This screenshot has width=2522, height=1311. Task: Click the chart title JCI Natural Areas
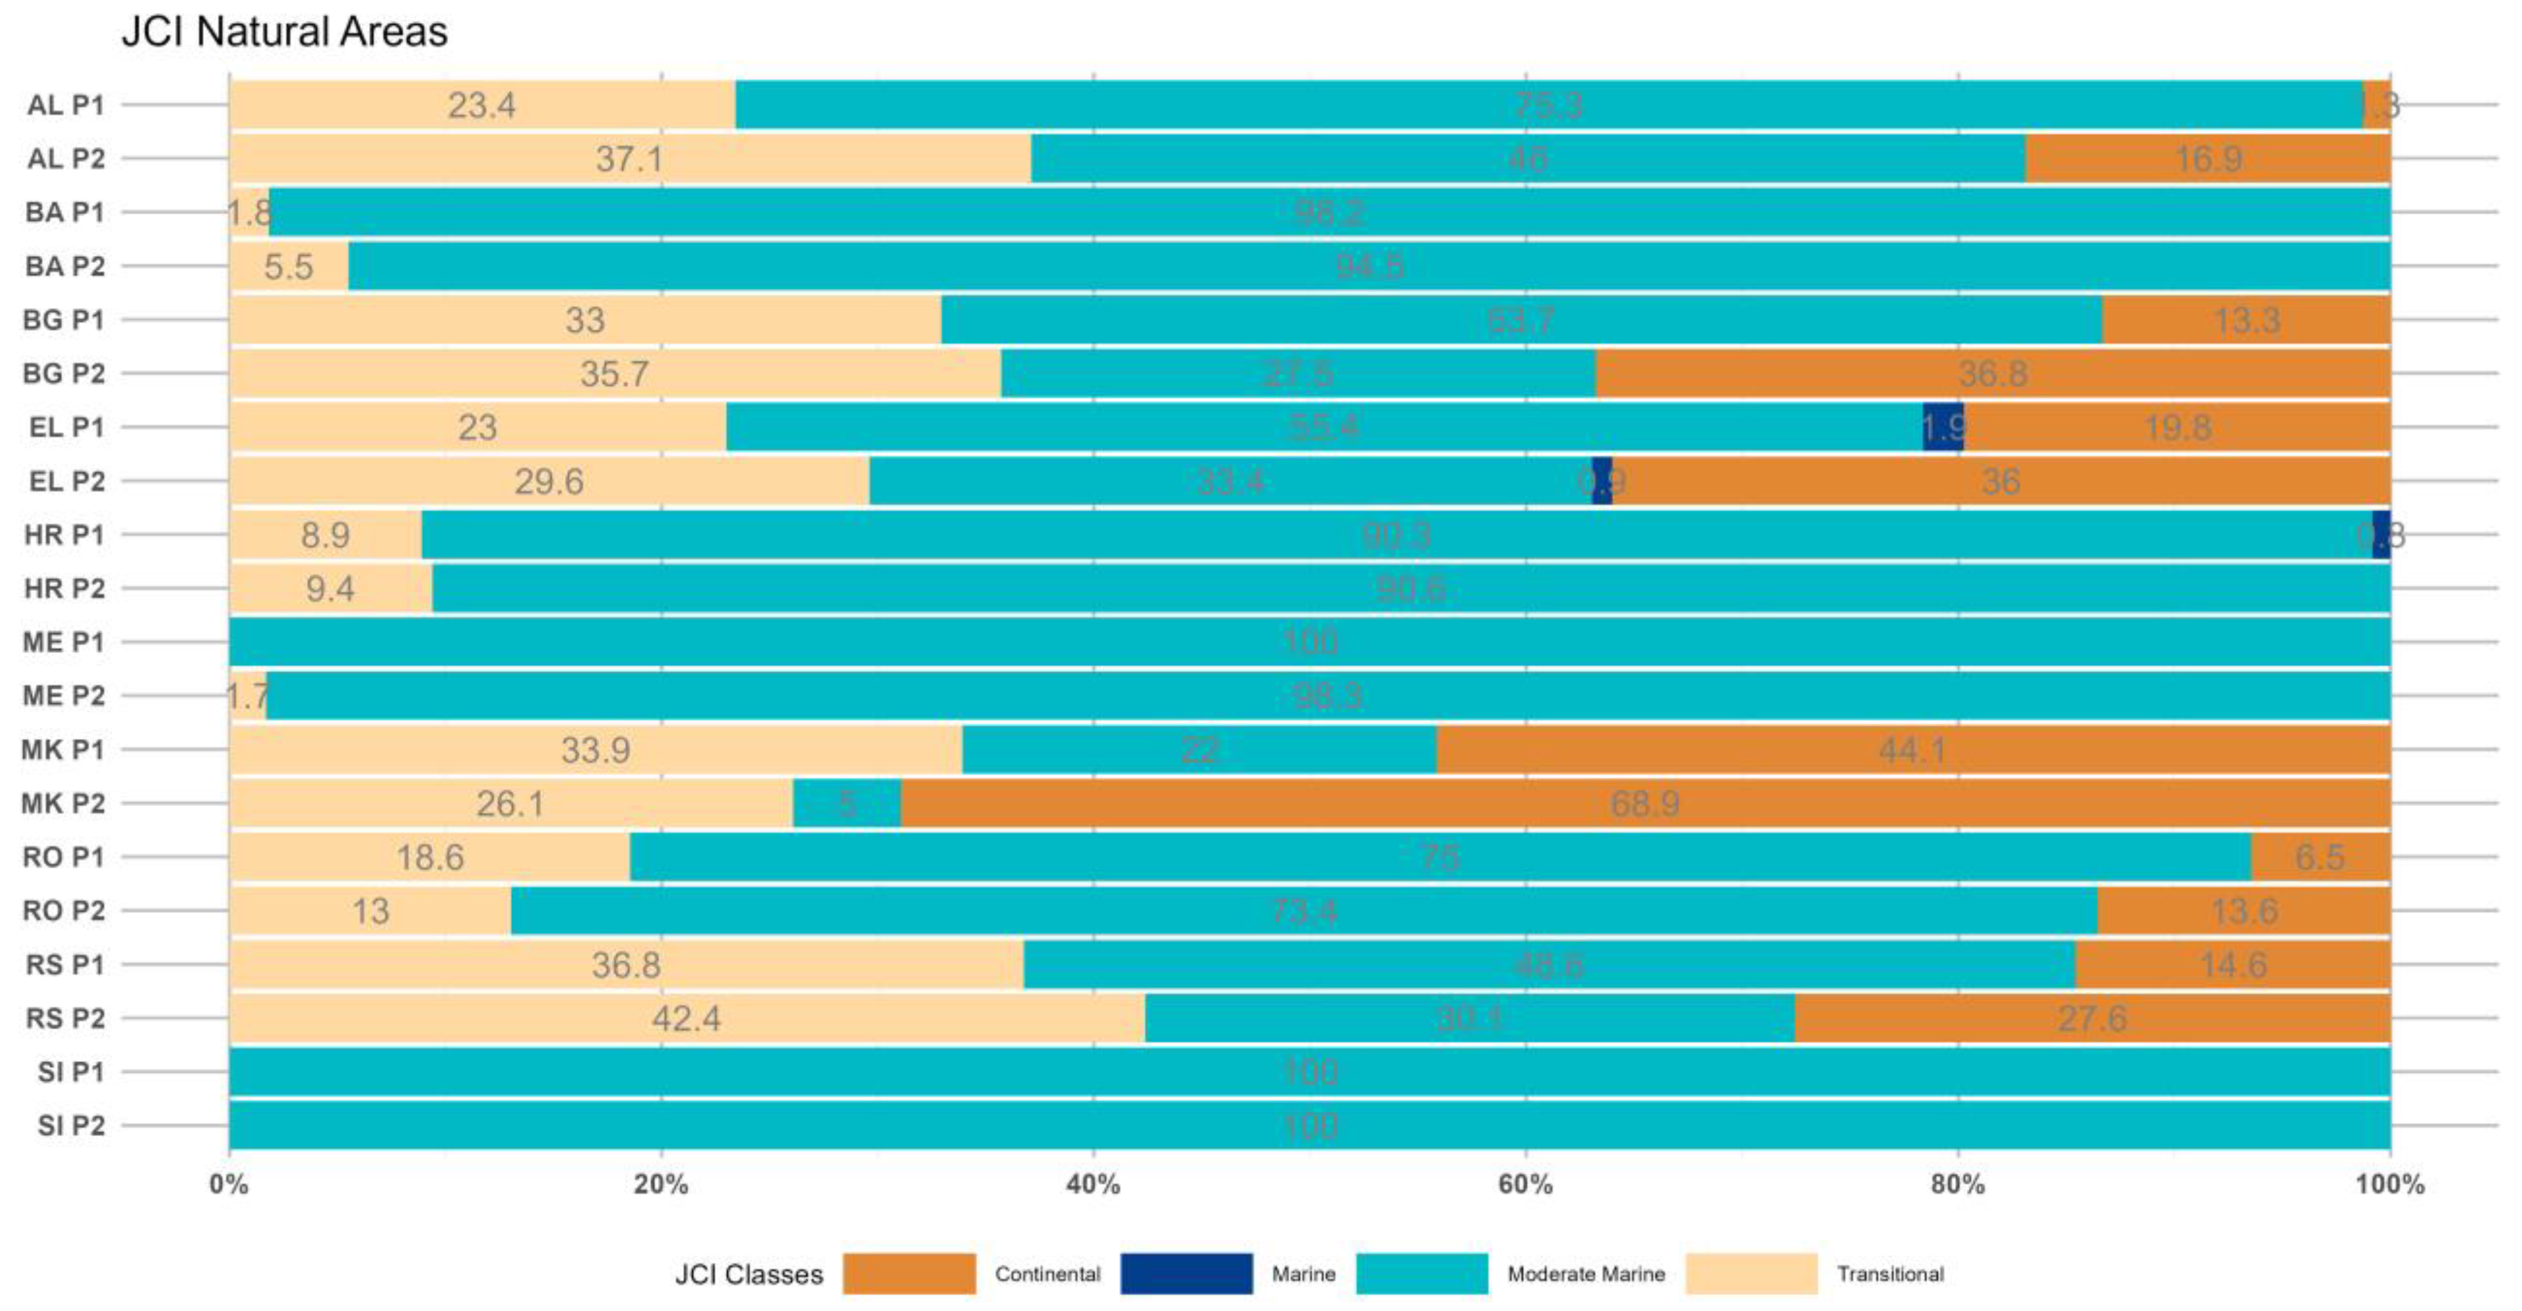pyautogui.click(x=284, y=32)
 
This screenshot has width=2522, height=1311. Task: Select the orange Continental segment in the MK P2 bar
pyautogui.click(x=1645, y=804)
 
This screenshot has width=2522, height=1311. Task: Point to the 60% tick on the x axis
pyautogui.click(x=1525, y=1184)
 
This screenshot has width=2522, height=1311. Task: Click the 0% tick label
pyautogui.click(x=229, y=1184)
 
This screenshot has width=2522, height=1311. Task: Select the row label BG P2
pyautogui.click(x=64, y=374)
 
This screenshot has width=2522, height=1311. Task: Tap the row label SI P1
pyautogui.click(x=70, y=1072)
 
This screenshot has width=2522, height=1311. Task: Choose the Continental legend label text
pyautogui.click(x=1047, y=1274)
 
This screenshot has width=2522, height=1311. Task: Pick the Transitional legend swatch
pyautogui.click(x=1752, y=1274)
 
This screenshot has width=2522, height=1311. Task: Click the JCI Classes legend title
pyautogui.click(x=749, y=1274)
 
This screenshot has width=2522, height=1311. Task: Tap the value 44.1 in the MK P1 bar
pyautogui.click(x=1912, y=750)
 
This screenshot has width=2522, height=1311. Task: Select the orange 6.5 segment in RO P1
pyautogui.click(x=2319, y=858)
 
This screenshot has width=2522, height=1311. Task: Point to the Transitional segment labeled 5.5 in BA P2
pyautogui.click(x=288, y=266)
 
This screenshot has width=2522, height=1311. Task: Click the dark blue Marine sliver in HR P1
pyautogui.click(x=2381, y=535)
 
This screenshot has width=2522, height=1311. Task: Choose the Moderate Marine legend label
pyautogui.click(x=1586, y=1274)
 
